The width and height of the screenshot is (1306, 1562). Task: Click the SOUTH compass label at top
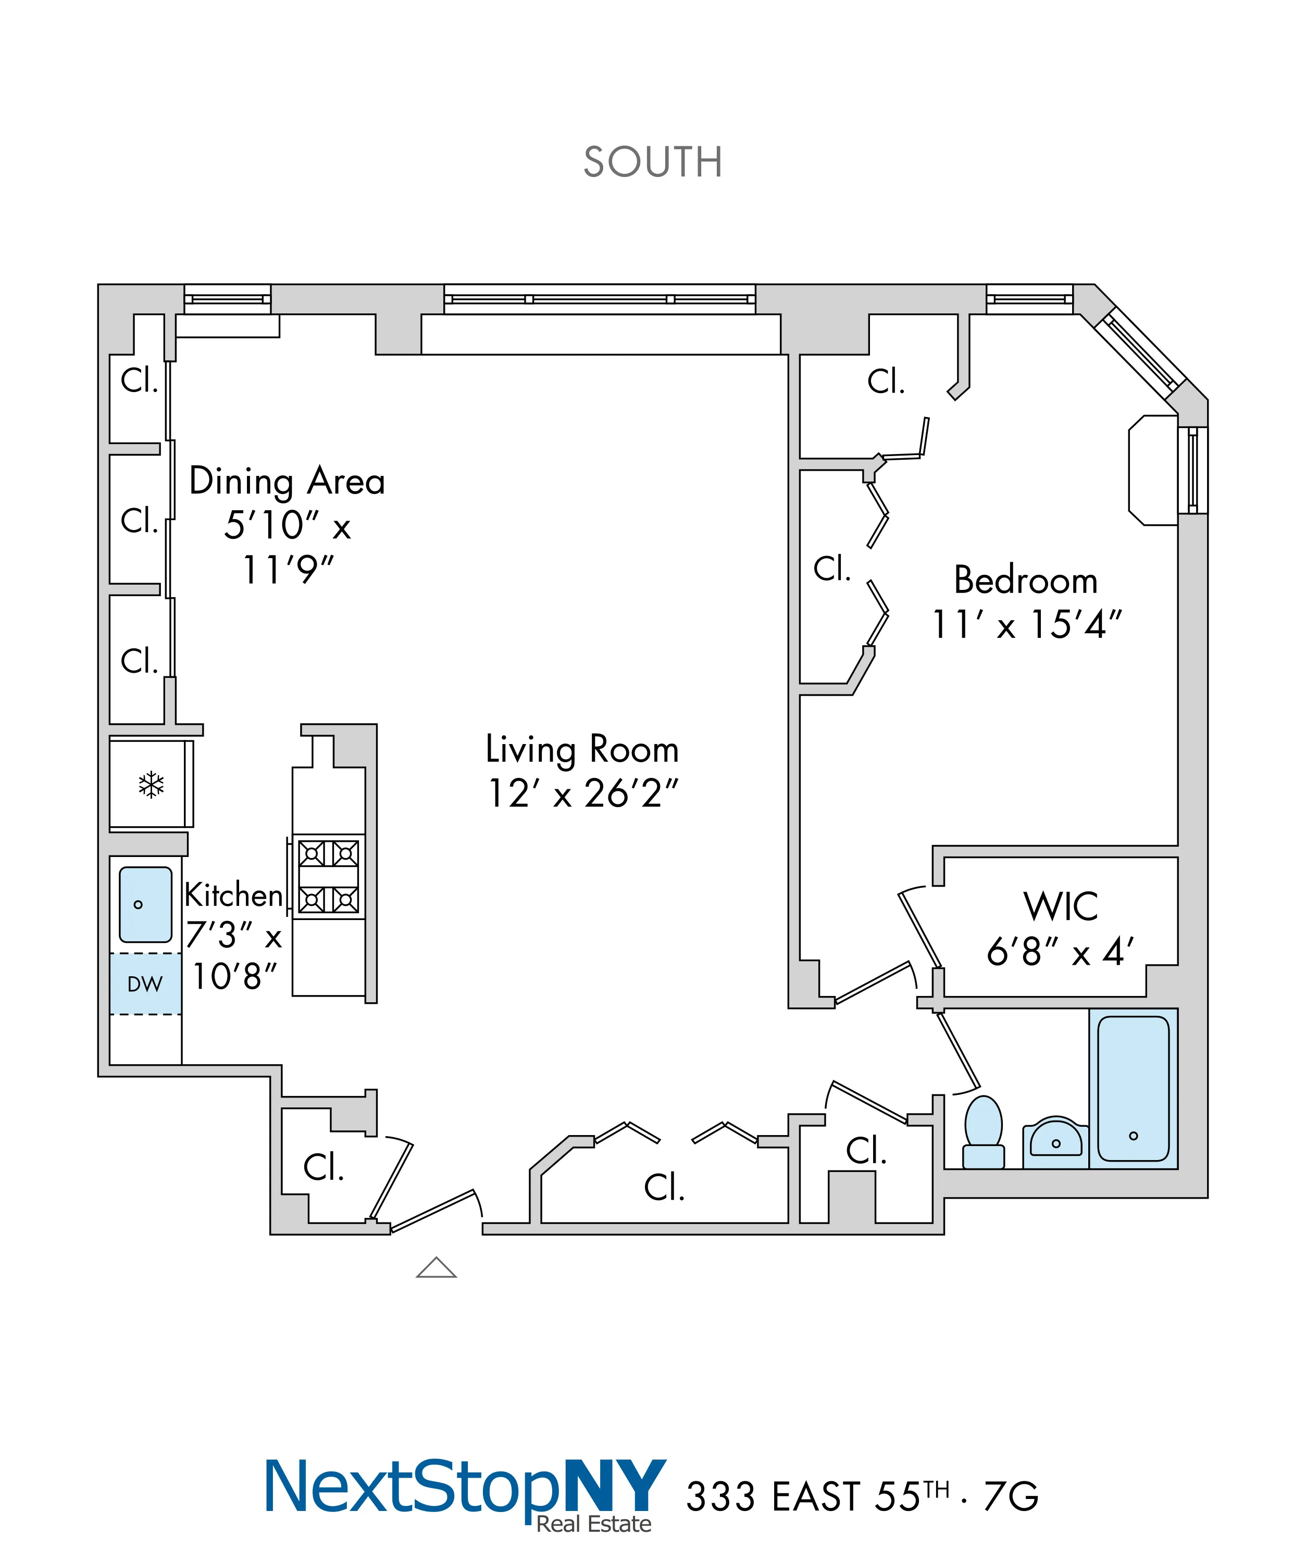coord(653,162)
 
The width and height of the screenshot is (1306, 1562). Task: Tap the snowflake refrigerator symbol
coord(151,785)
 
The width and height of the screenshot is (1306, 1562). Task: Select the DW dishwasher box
coord(145,984)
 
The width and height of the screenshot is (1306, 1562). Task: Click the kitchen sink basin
coord(145,904)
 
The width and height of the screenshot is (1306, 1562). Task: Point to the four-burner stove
coord(328,876)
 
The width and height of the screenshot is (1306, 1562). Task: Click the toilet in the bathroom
coord(983,1133)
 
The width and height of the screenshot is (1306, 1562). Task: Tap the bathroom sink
coord(1056,1140)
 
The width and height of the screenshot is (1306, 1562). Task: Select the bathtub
coord(1133,1088)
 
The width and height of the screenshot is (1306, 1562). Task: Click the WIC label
coord(1061,906)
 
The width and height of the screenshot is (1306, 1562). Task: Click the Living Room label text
coord(582,749)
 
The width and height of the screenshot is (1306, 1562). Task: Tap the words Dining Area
coord(287,481)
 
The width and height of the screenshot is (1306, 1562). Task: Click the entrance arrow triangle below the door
coord(436,1267)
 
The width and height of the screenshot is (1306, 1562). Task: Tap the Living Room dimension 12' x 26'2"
coord(583,793)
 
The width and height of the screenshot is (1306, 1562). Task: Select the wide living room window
coord(600,299)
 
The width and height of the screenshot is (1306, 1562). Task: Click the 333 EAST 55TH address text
coord(817,1496)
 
